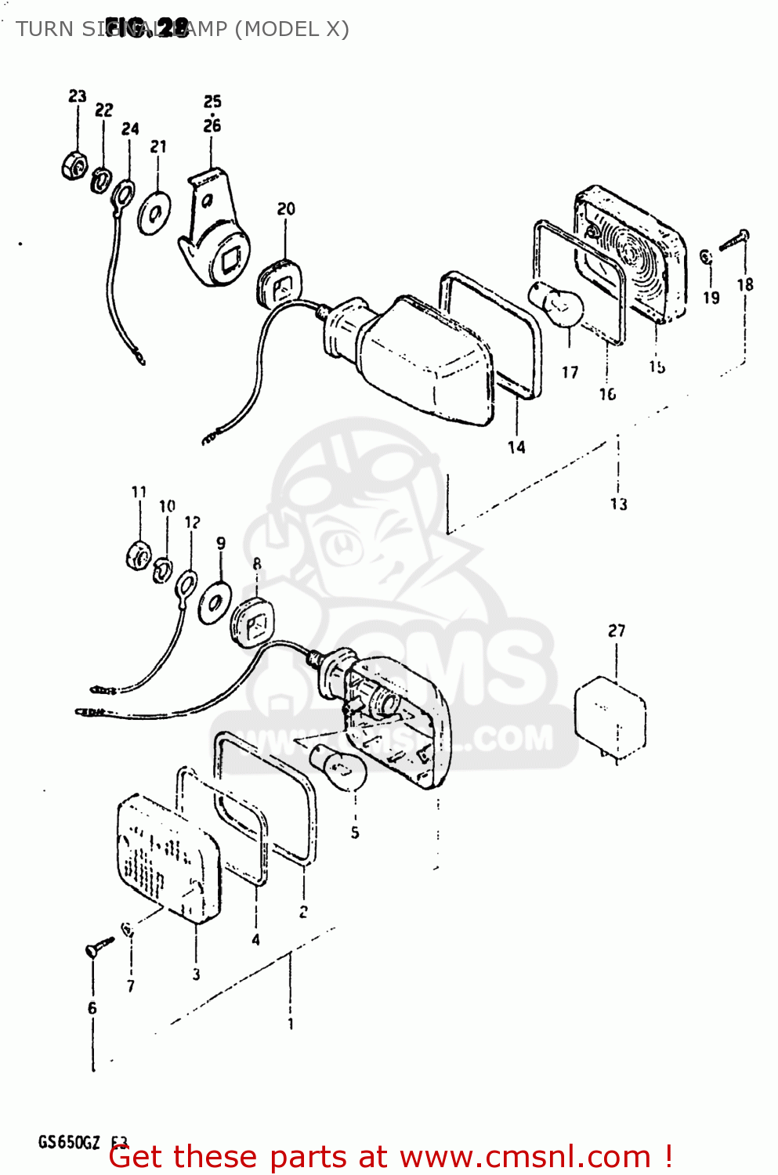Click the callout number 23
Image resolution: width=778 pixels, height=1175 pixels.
point(77,96)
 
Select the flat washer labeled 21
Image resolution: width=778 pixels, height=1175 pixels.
point(155,211)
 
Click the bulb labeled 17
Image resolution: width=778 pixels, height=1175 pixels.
point(559,306)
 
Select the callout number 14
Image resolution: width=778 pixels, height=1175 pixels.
point(516,447)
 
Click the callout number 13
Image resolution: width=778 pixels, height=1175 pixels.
point(619,504)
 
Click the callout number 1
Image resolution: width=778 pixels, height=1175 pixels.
point(291,1023)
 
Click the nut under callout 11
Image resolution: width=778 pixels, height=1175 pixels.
point(139,555)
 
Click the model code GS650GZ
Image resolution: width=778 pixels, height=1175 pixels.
point(69,1142)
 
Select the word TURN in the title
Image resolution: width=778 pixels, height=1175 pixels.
point(44,29)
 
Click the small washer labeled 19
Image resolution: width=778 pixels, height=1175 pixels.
point(705,257)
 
